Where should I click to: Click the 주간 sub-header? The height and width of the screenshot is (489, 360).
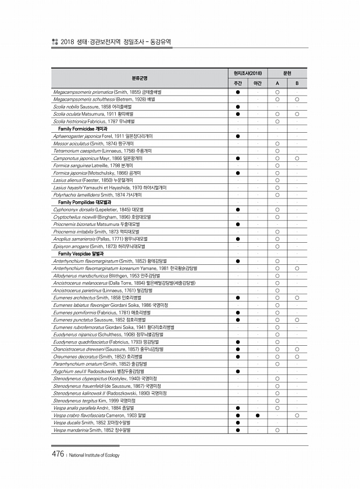click(238, 84)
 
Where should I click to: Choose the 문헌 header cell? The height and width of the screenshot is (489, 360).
click(287, 73)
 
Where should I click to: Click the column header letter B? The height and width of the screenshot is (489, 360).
click(297, 84)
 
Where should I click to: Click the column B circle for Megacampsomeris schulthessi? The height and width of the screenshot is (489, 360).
click(297, 100)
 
